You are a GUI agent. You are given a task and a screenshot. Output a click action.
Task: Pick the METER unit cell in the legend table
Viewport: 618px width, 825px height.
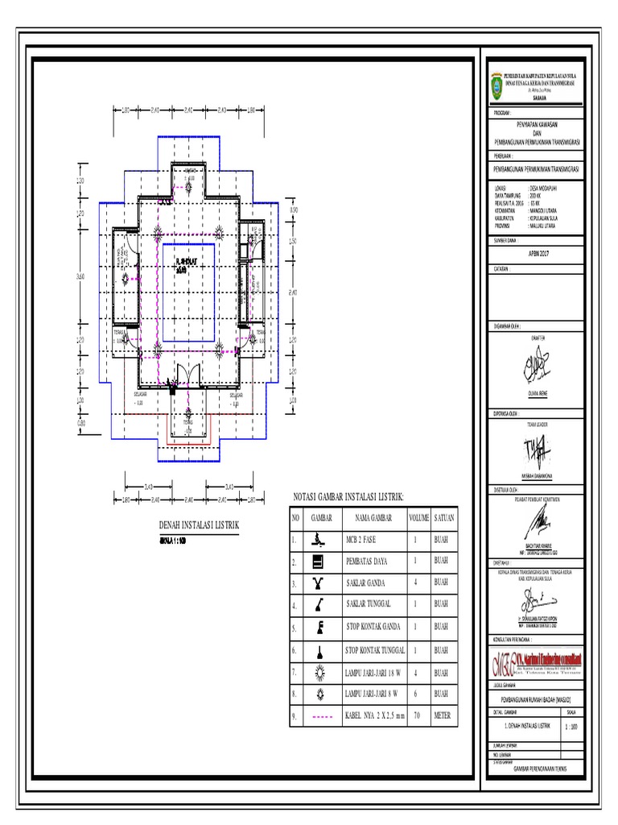(443, 715)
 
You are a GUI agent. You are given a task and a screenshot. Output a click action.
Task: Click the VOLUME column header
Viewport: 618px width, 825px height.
(418, 517)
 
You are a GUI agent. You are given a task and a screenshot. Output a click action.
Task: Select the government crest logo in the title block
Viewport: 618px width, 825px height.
(496, 85)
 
